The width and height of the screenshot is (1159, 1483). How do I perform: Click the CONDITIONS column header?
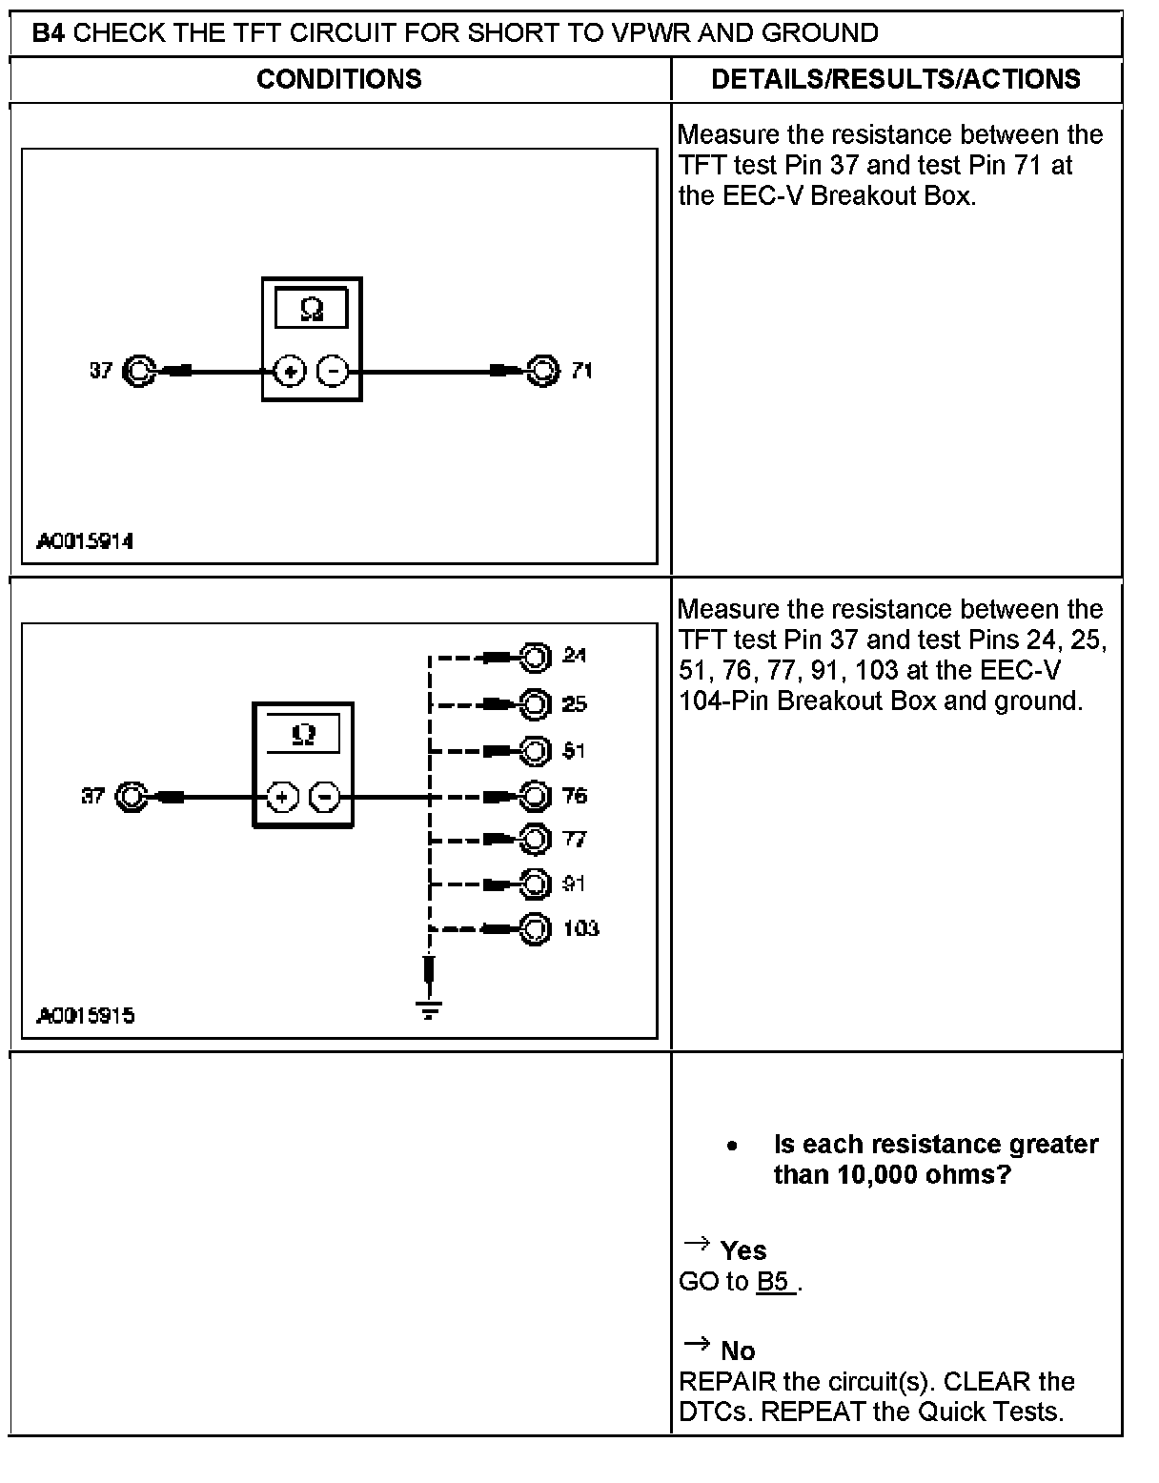[x=338, y=78]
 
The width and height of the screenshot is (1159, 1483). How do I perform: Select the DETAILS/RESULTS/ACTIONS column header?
[x=895, y=78]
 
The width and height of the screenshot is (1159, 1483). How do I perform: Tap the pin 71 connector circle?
[x=542, y=370]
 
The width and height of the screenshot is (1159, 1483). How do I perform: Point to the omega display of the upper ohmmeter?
[x=311, y=309]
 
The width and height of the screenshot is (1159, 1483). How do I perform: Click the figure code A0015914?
[x=85, y=541]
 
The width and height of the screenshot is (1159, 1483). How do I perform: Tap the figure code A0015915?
[x=85, y=1015]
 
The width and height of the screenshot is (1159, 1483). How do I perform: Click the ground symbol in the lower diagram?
[x=430, y=1007]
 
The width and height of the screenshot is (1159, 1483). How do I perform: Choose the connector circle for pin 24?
[x=536, y=657]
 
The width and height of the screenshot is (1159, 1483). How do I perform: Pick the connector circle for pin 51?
[x=536, y=751]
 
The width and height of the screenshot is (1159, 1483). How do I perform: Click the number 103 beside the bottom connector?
[x=580, y=928]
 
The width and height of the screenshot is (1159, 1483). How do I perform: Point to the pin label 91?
[x=574, y=884]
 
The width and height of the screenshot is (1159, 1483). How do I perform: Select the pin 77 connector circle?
[x=536, y=840]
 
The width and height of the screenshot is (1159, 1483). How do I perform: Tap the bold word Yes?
[x=743, y=1250]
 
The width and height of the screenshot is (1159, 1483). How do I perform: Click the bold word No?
[x=738, y=1351]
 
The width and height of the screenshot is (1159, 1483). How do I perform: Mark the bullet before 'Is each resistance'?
[x=731, y=1146]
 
